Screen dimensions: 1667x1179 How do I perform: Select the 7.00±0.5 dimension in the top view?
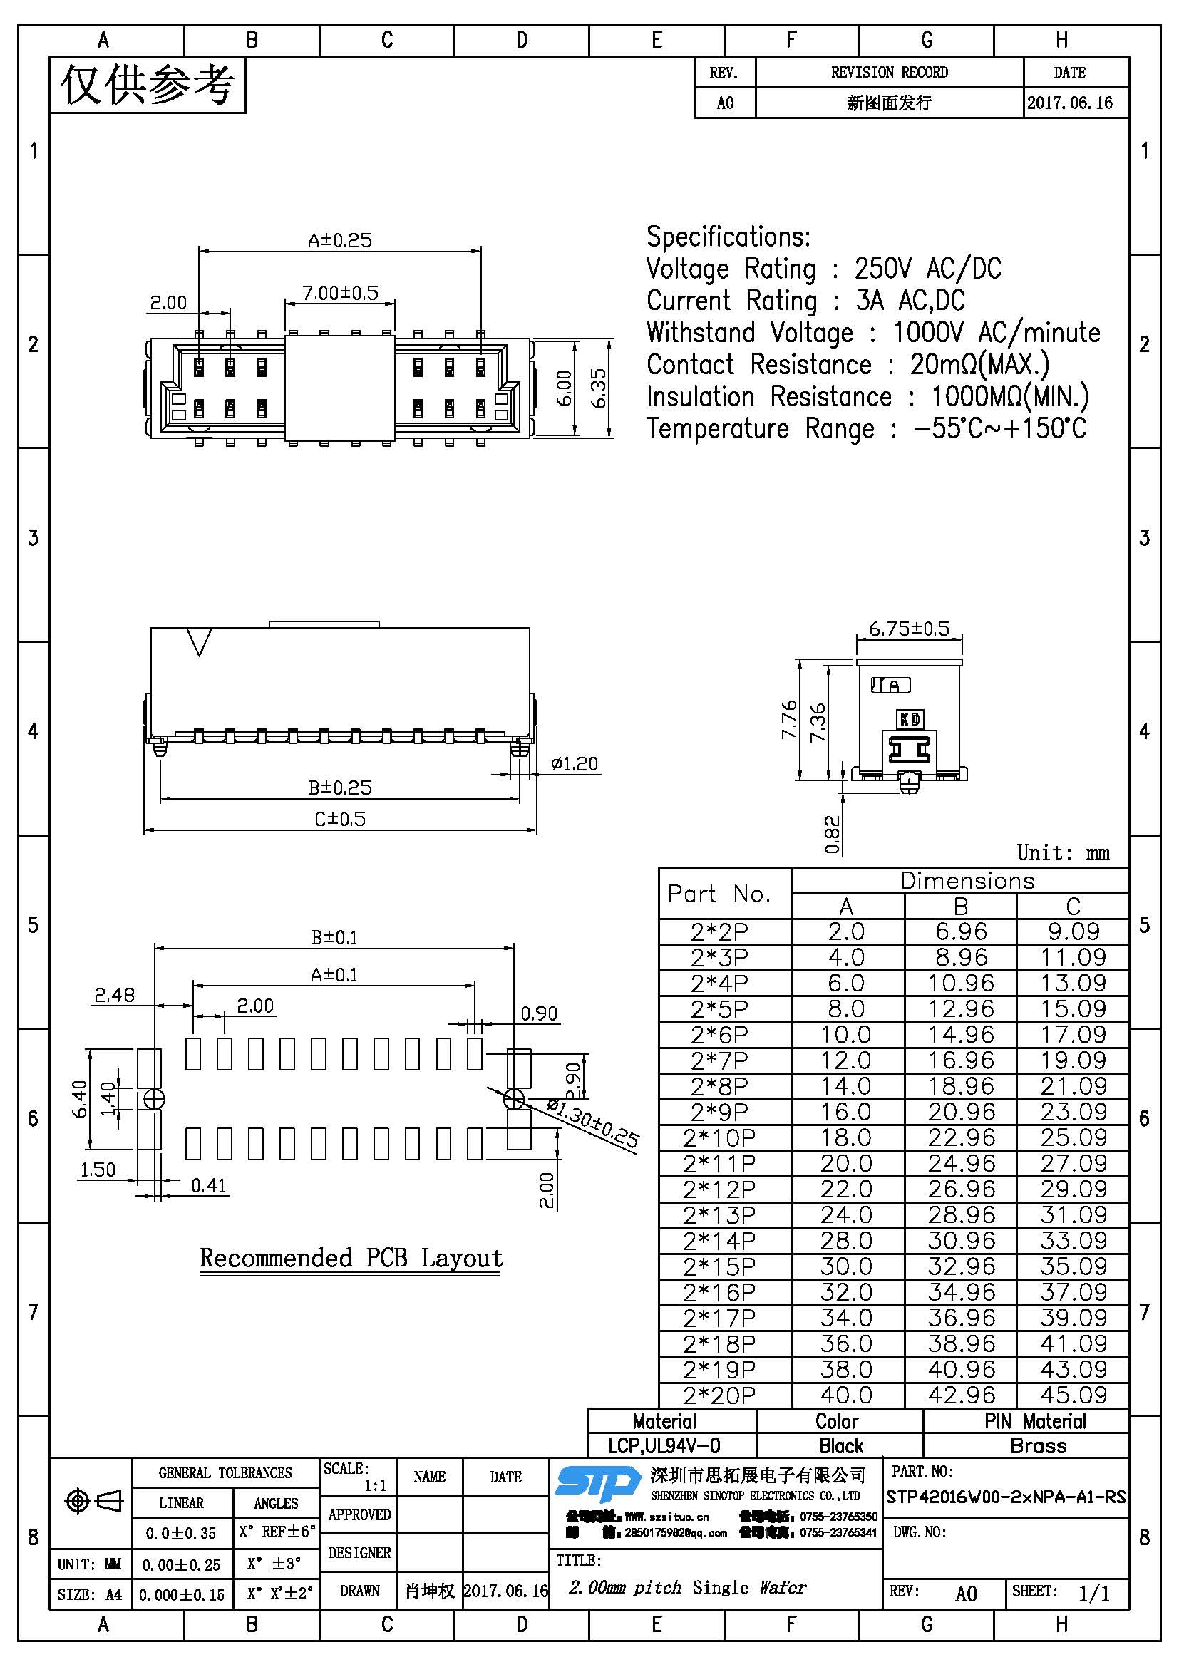pos(340,293)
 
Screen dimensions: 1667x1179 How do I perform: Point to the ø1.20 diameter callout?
pos(574,763)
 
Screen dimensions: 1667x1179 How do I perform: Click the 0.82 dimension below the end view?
pos(832,835)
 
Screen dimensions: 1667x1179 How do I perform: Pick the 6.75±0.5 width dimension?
pos(909,628)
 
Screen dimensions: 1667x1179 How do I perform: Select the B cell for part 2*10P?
pos(960,1137)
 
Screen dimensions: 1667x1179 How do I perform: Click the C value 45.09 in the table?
pos(1073,1395)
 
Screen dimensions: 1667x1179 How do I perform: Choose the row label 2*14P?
pos(719,1240)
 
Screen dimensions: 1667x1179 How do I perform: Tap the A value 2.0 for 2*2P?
pos(846,931)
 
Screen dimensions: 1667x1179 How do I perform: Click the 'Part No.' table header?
pos(719,894)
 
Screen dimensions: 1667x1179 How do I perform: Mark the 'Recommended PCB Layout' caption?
pos(351,1256)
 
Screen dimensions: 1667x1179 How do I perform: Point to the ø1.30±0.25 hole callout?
pos(592,1123)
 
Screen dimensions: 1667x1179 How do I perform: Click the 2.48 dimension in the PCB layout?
pos(114,995)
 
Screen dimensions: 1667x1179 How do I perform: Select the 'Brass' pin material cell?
pos(1038,1445)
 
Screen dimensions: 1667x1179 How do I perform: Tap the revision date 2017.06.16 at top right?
pos(1069,103)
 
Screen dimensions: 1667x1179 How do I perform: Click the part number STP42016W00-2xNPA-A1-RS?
pos(1006,1497)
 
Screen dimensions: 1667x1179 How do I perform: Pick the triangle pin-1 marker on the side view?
pos(199,641)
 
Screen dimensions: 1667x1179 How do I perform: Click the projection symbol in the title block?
pos(93,1500)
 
